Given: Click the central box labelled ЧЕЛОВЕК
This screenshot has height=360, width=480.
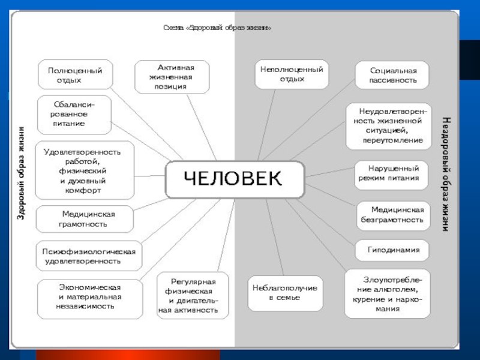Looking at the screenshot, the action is [x=235, y=179].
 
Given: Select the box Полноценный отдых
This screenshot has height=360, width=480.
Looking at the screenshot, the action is [x=74, y=76].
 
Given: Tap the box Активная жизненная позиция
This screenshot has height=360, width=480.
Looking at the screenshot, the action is [x=173, y=77].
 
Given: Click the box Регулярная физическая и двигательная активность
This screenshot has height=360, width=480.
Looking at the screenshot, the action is [x=193, y=295].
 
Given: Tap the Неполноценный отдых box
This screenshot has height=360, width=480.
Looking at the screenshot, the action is [x=292, y=74].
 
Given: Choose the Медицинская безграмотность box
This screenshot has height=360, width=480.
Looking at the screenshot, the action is [x=393, y=215].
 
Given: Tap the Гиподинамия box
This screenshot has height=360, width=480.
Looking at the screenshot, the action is [x=393, y=250].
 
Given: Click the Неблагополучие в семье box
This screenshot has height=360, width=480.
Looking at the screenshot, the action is [x=284, y=293].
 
